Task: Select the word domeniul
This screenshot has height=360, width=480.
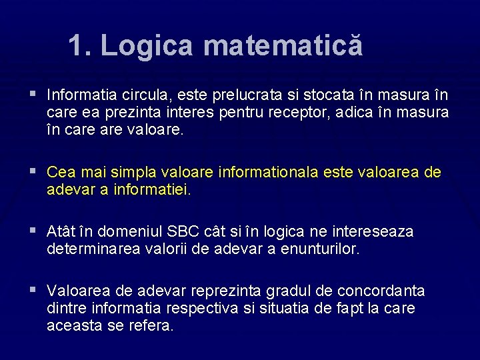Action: pyautogui.click(x=125, y=231)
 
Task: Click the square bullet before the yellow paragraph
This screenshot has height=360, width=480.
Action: pyautogui.click(x=32, y=171)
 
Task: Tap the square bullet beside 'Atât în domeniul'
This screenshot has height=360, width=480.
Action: pyautogui.click(x=32, y=231)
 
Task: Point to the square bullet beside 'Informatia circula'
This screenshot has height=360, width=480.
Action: pyautogui.click(x=32, y=94)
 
